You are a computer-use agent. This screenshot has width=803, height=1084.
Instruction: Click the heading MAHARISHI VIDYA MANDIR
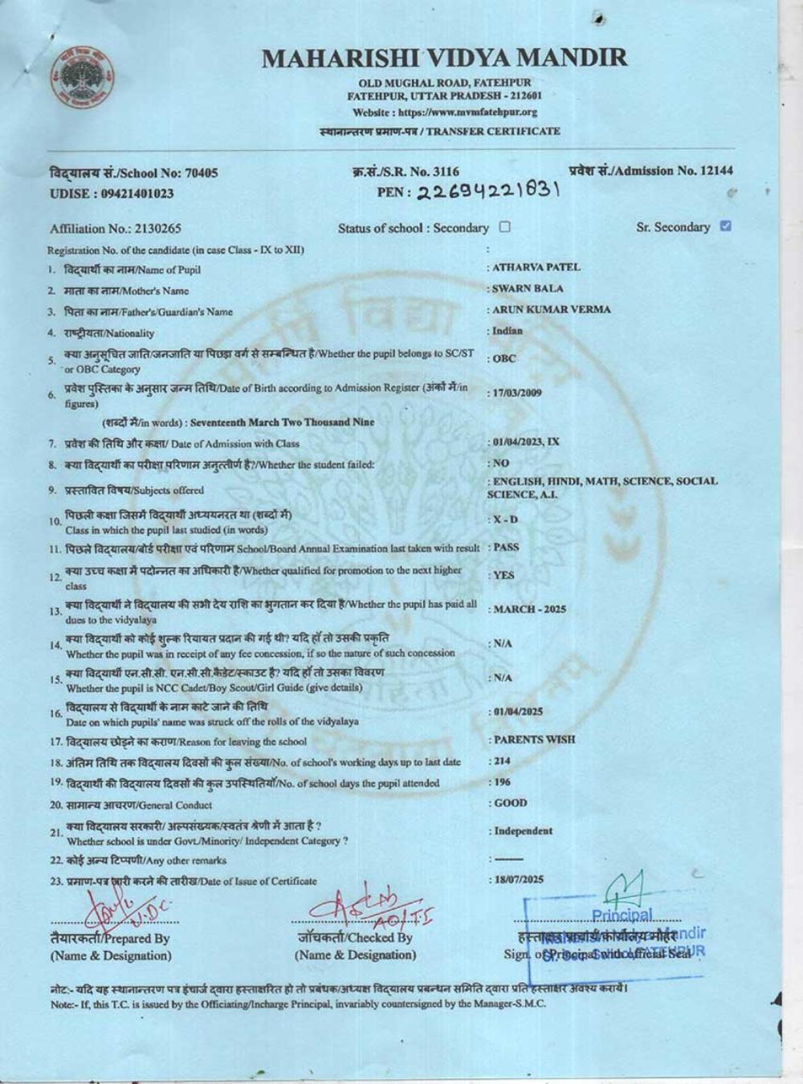[444, 58]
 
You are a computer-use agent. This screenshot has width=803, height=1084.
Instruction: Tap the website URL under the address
[445, 112]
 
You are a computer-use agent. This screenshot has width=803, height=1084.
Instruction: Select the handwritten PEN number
[468, 191]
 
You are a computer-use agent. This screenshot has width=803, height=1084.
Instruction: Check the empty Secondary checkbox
[504, 227]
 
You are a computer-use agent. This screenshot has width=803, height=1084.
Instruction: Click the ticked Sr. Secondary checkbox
[726, 226]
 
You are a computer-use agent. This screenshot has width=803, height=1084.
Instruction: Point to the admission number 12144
[715, 170]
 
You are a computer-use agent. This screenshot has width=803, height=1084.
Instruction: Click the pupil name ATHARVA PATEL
[536, 267]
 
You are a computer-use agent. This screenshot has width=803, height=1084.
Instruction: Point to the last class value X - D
[505, 520]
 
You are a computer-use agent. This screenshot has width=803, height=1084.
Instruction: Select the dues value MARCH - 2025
[529, 609]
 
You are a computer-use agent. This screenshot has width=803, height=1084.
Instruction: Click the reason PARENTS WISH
[534, 740]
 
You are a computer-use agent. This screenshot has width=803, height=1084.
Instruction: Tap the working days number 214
[503, 760]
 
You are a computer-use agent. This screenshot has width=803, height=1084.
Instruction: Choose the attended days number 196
[503, 782]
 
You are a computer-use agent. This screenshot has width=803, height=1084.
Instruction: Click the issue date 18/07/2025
[519, 880]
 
